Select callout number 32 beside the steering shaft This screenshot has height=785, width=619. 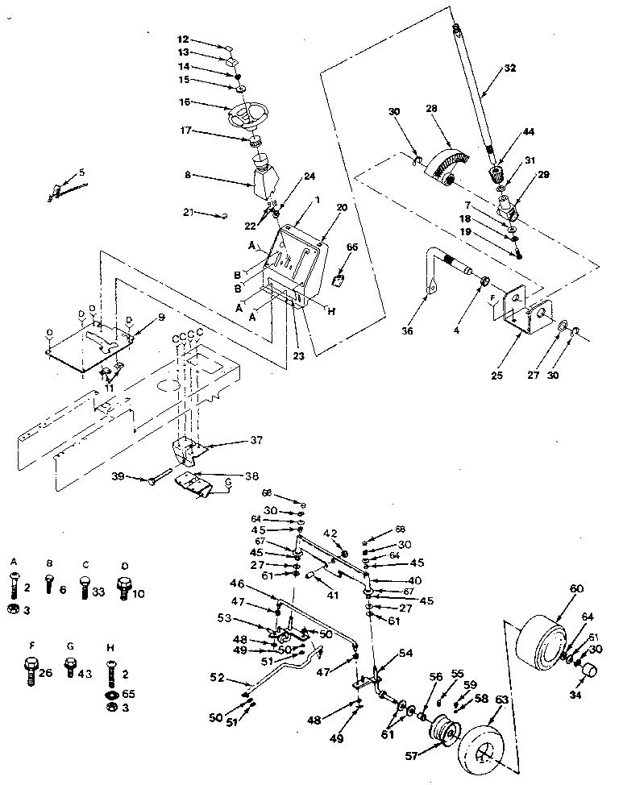tap(509, 69)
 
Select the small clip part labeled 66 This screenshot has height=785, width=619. tap(340, 280)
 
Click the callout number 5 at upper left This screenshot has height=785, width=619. tap(81, 172)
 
